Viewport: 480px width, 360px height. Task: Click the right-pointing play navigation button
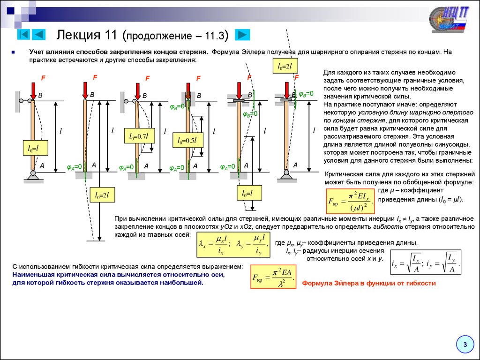(242, 35)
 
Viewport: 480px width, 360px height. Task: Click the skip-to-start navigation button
(23, 35)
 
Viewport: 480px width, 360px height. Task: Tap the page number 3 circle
(465, 345)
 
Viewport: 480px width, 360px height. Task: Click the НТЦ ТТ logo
(449, 19)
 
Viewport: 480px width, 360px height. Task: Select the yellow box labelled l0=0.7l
(139, 136)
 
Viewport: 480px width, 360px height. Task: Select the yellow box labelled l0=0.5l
(187, 140)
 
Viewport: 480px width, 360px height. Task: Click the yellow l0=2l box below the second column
(102, 195)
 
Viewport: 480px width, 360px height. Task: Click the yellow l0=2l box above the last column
(285, 66)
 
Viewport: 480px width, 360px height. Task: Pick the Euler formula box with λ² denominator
(273, 277)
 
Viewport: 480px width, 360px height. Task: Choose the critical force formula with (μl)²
(350, 201)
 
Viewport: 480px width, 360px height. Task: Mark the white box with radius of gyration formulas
(426, 262)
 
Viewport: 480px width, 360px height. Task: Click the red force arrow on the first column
(33, 91)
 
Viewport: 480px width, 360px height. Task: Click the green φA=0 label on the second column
(75, 167)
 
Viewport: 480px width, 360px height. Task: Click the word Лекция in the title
(78, 35)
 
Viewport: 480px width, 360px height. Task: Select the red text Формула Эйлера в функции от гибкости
(369, 283)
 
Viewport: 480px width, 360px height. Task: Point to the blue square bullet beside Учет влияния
(13, 52)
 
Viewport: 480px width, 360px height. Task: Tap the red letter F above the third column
(147, 78)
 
